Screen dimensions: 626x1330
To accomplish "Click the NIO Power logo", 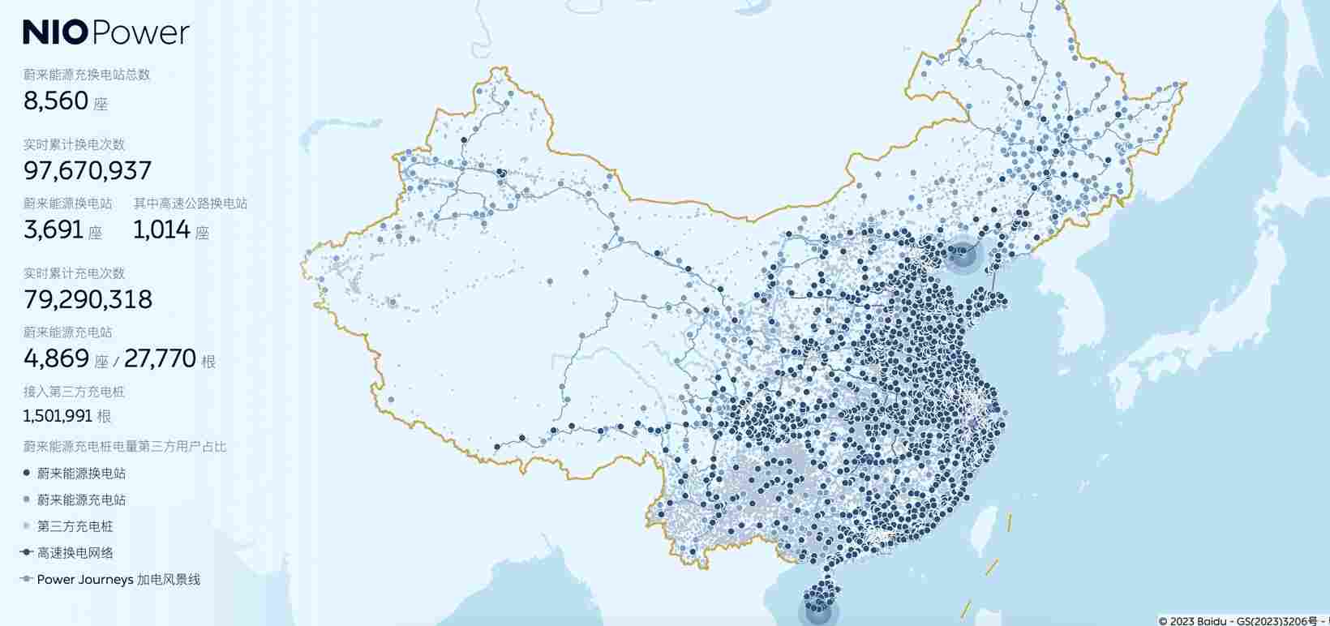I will (x=105, y=32).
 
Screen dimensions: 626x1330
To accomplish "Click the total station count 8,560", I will (x=56, y=101).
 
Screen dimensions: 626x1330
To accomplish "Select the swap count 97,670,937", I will (x=88, y=170).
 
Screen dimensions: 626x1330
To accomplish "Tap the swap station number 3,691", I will (x=54, y=229).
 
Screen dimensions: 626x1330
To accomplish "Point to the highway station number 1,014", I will (x=161, y=229).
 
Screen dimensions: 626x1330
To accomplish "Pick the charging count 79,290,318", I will (x=88, y=299).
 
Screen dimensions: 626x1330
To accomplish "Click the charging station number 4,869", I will (x=56, y=358).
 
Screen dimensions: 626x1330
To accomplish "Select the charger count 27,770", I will (x=160, y=358).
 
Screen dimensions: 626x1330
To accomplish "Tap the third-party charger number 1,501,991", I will (x=58, y=416).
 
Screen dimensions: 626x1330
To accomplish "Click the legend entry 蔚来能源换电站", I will (x=81, y=474).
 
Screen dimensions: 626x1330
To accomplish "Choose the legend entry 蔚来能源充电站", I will (x=81, y=500).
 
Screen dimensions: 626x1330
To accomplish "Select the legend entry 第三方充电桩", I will (x=75, y=527).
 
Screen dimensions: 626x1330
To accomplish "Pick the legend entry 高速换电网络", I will (x=75, y=553).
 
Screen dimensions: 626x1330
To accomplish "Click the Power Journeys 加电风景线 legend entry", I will (x=118, y=580).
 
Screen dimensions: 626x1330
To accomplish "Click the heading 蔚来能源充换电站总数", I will (x=87, y=75).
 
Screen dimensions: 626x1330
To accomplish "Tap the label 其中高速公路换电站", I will (x=191, y=204).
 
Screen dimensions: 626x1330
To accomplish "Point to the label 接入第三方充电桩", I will (x=74, y=392).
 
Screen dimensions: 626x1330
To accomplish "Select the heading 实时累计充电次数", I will (x=74, y=273).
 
